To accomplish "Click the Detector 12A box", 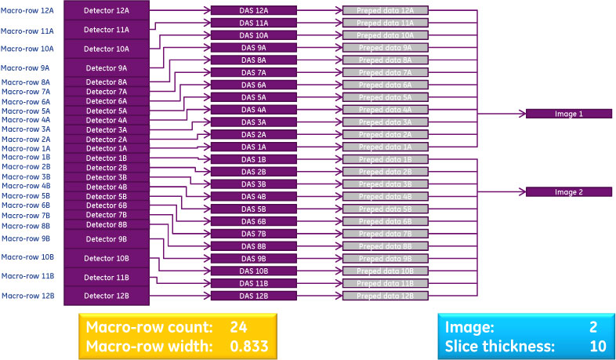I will tap(106, 10).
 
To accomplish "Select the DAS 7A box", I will tap(253, 72).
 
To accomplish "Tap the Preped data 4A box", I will tap(384, 110).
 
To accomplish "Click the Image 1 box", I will tap(568, 114).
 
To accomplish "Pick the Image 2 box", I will tap(568, 191).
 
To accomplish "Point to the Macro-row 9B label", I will tap(27, 238).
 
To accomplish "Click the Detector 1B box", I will tap(106, 158).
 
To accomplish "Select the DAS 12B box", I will tap(253, 296).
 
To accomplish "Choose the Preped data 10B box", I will tap(384, 271).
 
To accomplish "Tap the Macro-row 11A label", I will tap(27, 31).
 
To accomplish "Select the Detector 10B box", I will tap(106, 258).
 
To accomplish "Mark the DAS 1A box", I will tap(253, 147).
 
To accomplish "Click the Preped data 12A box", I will tap(384, 10).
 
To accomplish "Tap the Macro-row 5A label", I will tap(27, 111).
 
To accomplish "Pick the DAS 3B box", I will tap(253, 184).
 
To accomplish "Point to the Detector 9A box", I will tap(106, 68).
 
